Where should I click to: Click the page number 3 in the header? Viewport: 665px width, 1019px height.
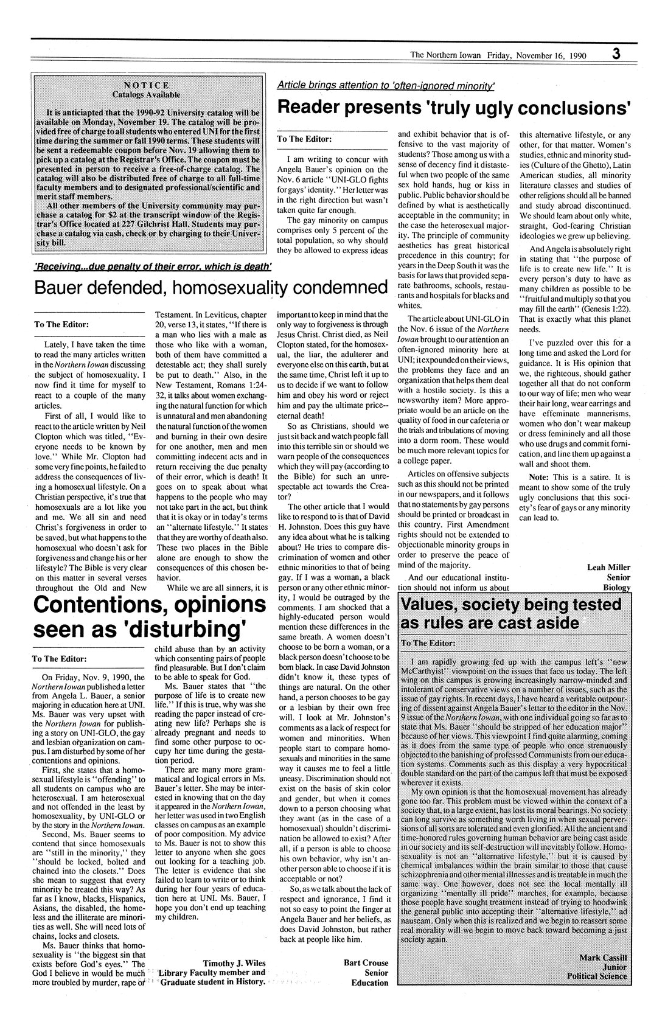pos(616,54)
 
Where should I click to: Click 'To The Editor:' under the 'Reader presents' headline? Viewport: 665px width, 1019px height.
pos(304,139)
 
